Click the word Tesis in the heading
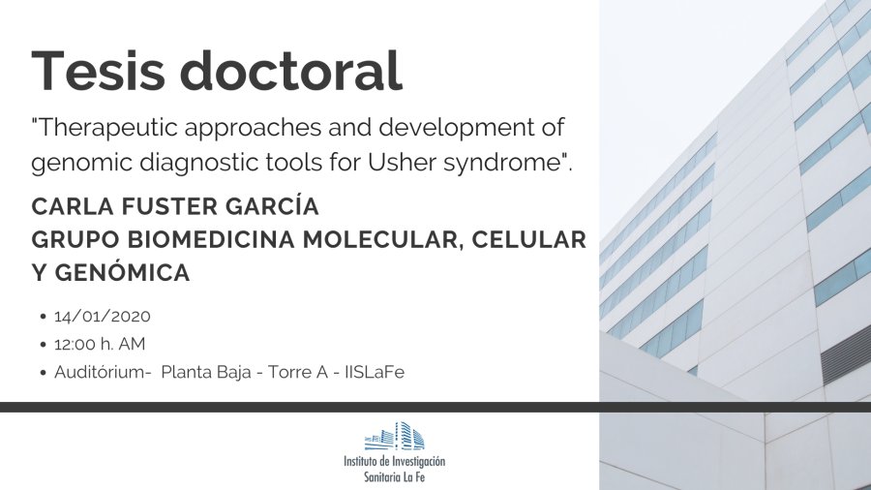[99, 70]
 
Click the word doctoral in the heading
[291, 70]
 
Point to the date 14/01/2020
[103, 316]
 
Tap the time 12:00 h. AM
[100, 344]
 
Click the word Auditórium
[100, 371]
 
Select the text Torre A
[298, 372]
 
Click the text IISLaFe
[375, 372]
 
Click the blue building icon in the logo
[395, 436]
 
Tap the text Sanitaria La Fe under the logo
[395, 476]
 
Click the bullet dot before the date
[44, 317]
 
